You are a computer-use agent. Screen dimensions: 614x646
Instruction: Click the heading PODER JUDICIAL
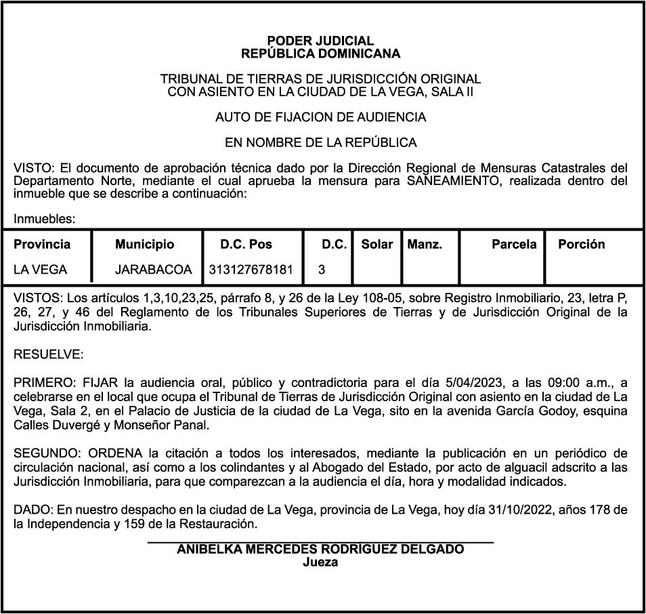320,41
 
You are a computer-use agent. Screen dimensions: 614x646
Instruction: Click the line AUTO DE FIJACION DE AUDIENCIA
320,117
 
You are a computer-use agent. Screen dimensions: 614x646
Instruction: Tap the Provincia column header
42,245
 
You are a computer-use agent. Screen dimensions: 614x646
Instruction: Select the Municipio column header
144,245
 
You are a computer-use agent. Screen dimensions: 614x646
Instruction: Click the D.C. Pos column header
246,245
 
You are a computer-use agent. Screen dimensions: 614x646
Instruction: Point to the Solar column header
377,245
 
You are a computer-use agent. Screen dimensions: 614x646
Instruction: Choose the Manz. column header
425,245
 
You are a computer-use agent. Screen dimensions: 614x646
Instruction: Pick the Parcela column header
514,245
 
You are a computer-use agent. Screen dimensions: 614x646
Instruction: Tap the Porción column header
581,245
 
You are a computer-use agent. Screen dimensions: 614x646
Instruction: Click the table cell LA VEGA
41,270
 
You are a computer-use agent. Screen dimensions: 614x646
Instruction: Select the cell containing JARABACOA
154,270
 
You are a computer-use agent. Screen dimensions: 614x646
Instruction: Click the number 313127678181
251,270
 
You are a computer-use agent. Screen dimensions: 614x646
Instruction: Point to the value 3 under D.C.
322,270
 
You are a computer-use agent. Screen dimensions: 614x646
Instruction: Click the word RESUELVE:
49,354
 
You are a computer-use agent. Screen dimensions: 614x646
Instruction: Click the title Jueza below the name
320,562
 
